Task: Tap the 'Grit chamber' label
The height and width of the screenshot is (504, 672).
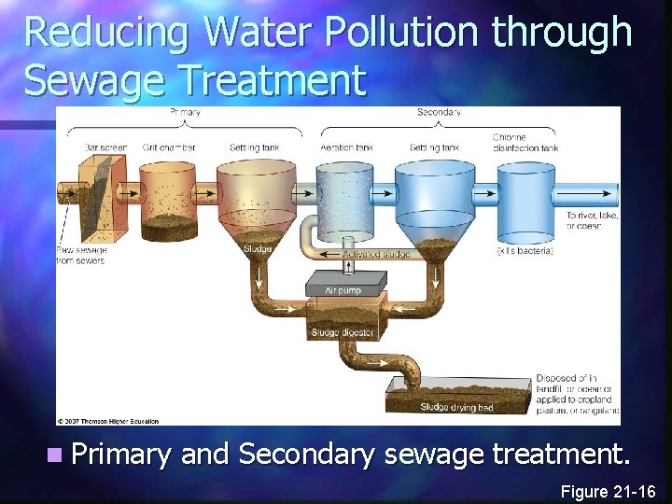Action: point(169,147)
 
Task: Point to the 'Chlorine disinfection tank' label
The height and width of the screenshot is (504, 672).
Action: point(525,143)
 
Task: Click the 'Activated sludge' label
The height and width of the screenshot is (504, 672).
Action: point(372,254)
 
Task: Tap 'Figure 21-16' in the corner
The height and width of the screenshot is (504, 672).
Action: point(609,491)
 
